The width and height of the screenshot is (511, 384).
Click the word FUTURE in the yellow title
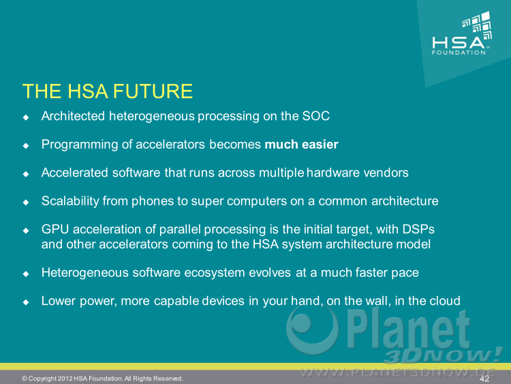[153, 91]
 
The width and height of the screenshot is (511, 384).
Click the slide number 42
[484, 379]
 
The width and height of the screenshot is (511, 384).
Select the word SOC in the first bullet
[315, 116]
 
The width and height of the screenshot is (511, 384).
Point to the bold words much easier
[301, 145]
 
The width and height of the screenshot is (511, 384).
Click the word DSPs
[418, 229]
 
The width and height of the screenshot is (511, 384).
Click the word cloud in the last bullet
[444, 301]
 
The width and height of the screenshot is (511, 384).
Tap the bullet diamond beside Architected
[26, 117]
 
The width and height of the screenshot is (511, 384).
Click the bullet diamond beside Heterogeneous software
[26, 274]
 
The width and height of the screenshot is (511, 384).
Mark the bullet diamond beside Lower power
[26, 302]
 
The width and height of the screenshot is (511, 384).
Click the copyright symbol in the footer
[25, 379]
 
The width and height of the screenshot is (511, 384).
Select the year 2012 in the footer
[65, 379]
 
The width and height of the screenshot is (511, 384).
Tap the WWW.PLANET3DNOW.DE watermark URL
[398, 372]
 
